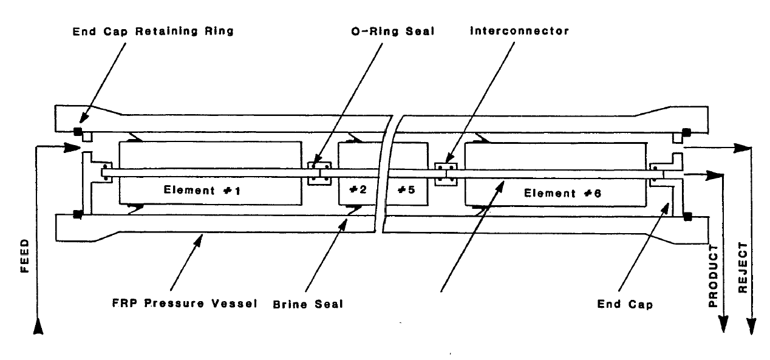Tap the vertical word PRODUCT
pyautogui.click(x=715, y=273)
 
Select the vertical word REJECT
pyautogui.click(x=741, y=268)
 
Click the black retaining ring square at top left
pyautogui.click(x=77, y=132)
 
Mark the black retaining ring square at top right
pyautogui.click(x=687, y=132)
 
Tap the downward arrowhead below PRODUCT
pyautogui.click(x=724, y=325)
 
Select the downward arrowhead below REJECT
pyautogui.click(x=752, y=326)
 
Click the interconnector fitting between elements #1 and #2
pyautogui.click(x=319, y=174)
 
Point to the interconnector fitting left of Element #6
pyautogui.click(x=446, y=174)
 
